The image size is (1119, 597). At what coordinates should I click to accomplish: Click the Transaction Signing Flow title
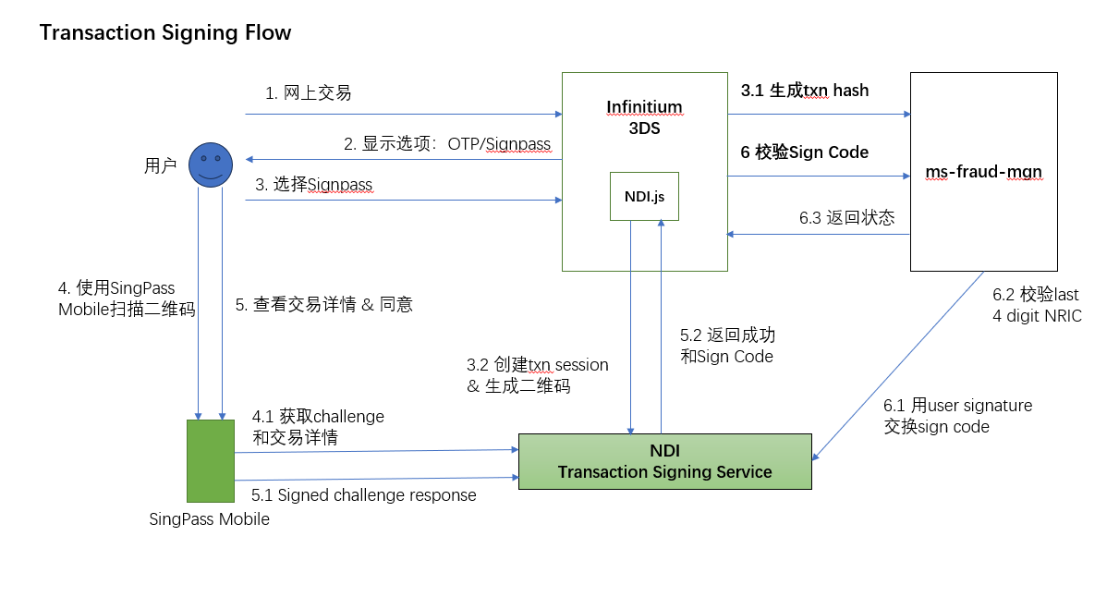tap(165, 33)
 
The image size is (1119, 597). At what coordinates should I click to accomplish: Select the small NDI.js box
tap(644, 196)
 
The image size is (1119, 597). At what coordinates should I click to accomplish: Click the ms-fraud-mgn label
tap(983, 173)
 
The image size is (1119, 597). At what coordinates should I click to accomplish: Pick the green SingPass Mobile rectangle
tap(211, 460)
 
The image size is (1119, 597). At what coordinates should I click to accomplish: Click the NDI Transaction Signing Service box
tap(664, 461)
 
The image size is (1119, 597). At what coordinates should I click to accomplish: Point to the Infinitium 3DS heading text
tap(644, 117)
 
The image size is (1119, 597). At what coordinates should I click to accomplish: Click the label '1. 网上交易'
tap(309, 93)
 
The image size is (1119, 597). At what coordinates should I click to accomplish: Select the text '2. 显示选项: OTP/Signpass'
tap(447, 144)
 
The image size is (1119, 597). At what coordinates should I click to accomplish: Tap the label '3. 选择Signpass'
tap(314, 185)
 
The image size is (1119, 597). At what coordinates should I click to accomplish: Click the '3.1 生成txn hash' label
tap(805, 91)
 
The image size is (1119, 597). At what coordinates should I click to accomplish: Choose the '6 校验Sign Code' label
tap(805, 152)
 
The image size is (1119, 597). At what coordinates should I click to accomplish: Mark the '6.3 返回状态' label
tap(846, 218)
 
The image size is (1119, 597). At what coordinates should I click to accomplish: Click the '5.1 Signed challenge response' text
tap(364, 495)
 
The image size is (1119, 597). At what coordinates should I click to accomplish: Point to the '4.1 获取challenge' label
tap(318, 417)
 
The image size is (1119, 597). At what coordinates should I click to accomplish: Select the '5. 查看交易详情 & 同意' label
tap(323, 304)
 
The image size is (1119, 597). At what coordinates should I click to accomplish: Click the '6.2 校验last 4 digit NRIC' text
tap(1036, 305)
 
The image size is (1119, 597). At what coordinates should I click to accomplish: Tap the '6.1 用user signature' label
tap(958, 406)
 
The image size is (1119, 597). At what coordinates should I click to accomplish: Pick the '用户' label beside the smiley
tap(160, 166)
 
